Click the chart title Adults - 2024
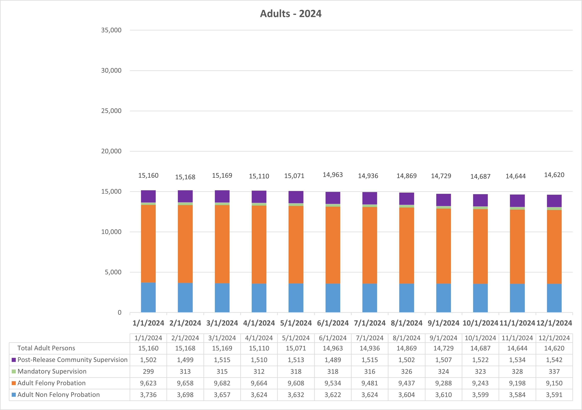click(x=291, y=14)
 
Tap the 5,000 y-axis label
click(x=113, y=272)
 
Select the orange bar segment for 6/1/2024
click(x=333, y=245)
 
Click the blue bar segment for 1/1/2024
click(x=148, y=297)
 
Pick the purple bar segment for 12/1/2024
click(x=554, y=201)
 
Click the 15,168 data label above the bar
click(x=185, y=177)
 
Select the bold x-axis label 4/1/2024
click(x=259, y=323)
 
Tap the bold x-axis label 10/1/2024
click(x=480, y=323)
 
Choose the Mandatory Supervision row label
click(x=52, y=371)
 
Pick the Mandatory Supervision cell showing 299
click(x=148, y=371)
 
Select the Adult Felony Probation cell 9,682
click(x=222, y=383)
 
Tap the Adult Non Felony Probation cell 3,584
click(x=517, y=395)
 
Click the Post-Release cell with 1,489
click(x=333, y=360)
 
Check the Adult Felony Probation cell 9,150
click(x=554, y=383)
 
